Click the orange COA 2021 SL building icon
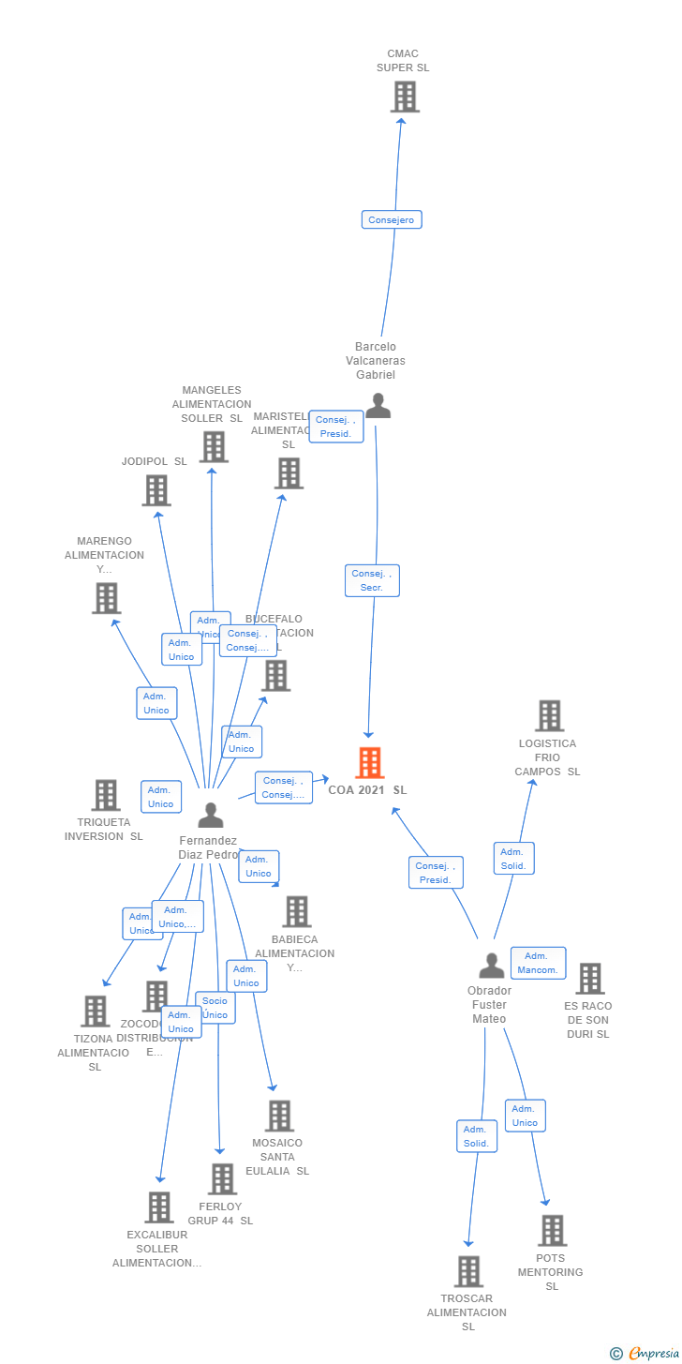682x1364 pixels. click(x=370, y=763)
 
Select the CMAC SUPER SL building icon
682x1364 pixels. click(x=405, y=97)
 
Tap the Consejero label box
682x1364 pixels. click(x=392, y=219)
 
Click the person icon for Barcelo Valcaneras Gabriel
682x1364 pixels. click(x=378, y=405)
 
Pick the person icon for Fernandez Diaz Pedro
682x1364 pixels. click(x=211, y=815)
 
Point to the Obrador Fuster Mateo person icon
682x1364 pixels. click(x=491, y=965)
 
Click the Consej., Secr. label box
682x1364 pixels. click(x=372, y=580)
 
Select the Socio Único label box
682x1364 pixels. click(x=215, y=1008)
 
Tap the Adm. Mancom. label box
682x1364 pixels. click(x=538, y=963)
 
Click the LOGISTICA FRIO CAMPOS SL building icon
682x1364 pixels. click(x=549, y=716)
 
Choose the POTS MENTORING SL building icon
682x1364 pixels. click(x=552, y=1230)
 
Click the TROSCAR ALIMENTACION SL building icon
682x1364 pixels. click(x=468, y=1271)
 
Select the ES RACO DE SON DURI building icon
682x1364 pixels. click(x=589, y=979)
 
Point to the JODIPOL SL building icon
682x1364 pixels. click(x=156, y=490)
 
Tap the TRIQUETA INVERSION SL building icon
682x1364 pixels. click(x=106, y=795)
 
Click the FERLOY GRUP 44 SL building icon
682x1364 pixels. click(x=222, y=1179)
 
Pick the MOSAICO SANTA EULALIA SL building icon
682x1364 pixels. click(x=279, y=1116)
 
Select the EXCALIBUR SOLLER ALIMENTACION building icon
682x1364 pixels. click(x=159, y=1207)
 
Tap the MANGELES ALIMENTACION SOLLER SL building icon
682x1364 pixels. click(x=214, y=447)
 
